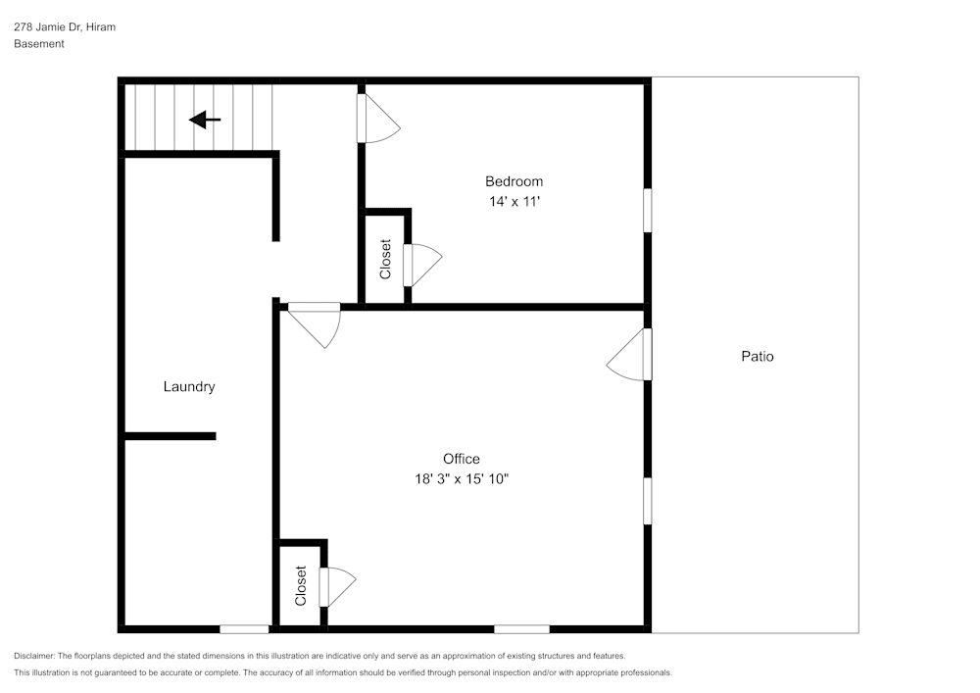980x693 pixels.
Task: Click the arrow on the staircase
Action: point(205,120)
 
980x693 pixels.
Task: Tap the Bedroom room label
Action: point(514,181)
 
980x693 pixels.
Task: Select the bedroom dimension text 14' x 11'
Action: point(514,202)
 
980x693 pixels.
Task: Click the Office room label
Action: point(461,459)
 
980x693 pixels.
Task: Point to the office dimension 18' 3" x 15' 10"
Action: point(461,479)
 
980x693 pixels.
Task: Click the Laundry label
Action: point(188,387)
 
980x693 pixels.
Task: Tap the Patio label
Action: point(757,357)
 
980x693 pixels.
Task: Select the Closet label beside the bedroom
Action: point(385,260)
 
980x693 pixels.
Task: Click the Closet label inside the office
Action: point(301,586)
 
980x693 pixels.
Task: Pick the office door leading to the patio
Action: point(628,355)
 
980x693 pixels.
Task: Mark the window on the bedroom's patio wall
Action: point(647,210)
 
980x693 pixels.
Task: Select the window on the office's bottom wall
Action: point(521,628)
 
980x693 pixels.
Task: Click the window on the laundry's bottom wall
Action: point(244,628)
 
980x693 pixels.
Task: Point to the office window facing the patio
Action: point(647,500)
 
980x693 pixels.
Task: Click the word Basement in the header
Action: point(39,44)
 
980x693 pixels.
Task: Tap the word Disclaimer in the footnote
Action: point(34,656)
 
